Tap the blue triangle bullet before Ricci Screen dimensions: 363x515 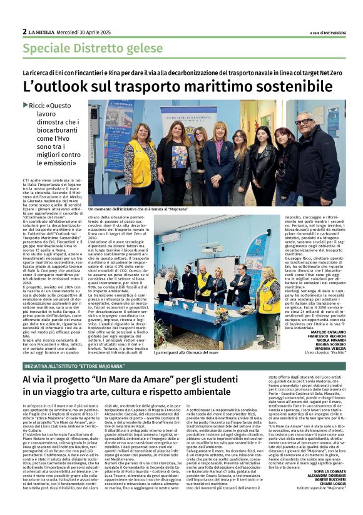pos(25,106)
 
